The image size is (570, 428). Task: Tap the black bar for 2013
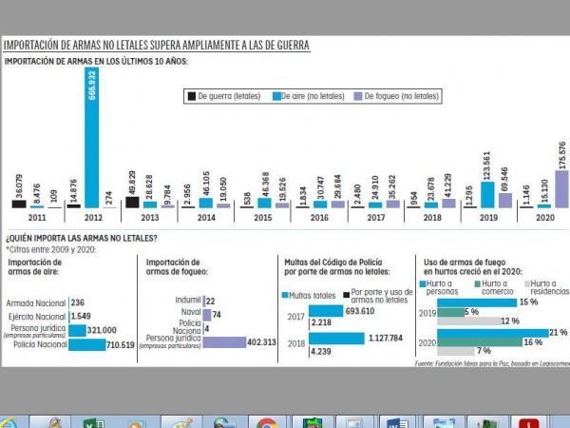point(132,202)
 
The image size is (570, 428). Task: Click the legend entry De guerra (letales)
point(225,96)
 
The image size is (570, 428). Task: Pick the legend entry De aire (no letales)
point(310,96)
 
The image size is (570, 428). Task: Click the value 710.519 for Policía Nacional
point(123,345)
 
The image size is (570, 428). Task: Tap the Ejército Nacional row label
point(37,315)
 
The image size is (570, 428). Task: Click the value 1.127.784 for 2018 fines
point(386,338)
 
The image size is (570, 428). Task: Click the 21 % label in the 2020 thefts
point(558,332)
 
